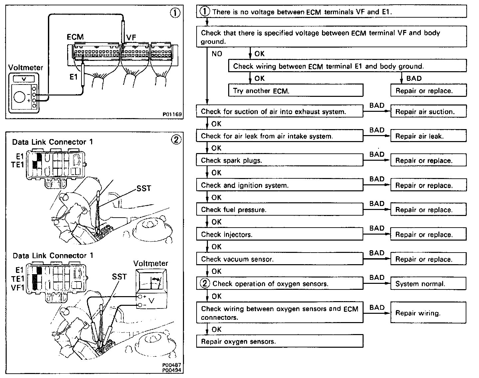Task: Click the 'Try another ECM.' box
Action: (296, 91)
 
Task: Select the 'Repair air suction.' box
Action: (428, 111)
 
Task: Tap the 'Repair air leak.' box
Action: (428, 136)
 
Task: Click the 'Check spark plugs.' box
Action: (279, 160)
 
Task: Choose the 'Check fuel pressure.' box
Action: (279, 210)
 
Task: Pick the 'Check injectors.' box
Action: (279, 234)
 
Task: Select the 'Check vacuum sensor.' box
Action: (279, 259)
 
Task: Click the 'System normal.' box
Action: (428, 284)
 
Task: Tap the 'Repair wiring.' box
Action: (428, 313)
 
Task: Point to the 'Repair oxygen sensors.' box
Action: (279, 341)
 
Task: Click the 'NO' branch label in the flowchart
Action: (217, 54)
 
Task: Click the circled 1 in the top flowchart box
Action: (205, 12)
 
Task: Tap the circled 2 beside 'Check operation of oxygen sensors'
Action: (205, 283)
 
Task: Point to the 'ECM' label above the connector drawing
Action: (75, 37)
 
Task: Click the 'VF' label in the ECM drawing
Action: (131, 38)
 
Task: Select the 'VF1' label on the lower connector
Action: (18, 288)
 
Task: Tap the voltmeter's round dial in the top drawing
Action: (20, 97)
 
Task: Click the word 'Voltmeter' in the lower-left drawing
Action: (150, 264)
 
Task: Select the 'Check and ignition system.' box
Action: (279, 185)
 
